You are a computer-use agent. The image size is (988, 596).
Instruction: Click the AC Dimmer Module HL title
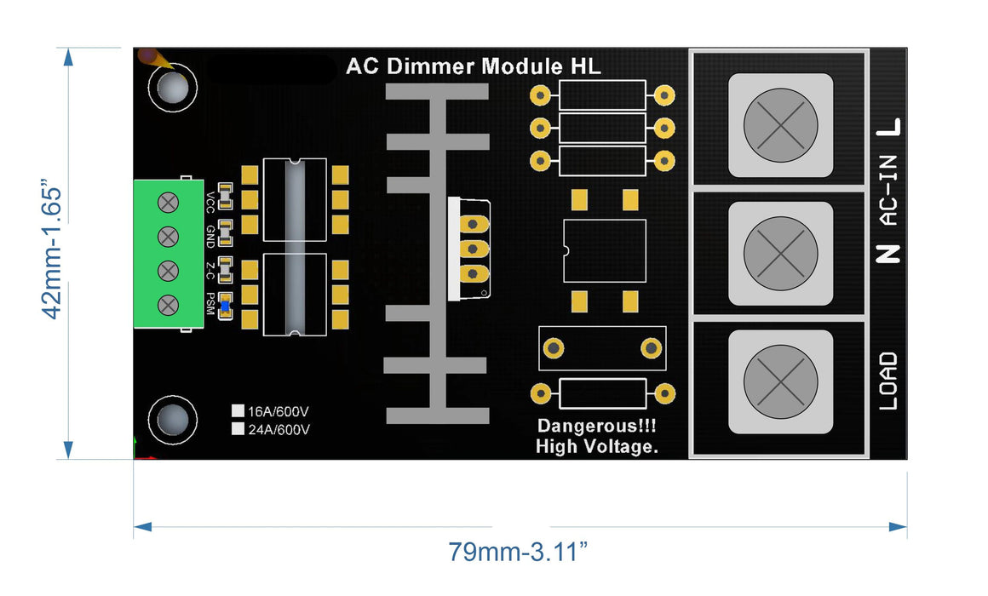(473, 67)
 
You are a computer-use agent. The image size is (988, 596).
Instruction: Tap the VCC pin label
(210, 202)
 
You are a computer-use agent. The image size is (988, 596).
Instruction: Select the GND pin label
(210, 236)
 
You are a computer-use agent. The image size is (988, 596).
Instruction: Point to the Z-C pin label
(210, 270)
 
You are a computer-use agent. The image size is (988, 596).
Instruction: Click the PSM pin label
(210, 304)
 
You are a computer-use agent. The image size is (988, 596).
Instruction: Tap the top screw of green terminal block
(169, 202)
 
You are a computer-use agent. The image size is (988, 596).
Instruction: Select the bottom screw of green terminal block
(169, 304)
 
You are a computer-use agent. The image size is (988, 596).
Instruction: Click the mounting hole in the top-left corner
(173, 88)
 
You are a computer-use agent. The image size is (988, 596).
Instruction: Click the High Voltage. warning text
(596, 446)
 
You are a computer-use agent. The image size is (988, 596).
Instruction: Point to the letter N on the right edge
(887, 253)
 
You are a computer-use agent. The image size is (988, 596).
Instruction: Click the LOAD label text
(887, 381)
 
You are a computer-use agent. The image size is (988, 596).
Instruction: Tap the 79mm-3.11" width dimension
(519, 552)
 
